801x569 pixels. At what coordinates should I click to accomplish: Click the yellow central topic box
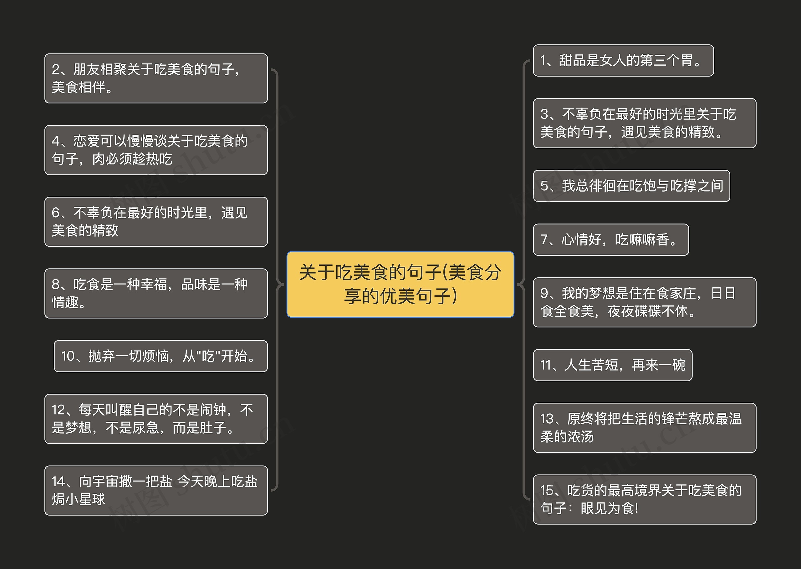(400, 284)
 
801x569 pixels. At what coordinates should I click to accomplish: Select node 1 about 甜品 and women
(623, 60)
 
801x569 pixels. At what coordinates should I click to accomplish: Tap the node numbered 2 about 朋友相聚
(156, 78)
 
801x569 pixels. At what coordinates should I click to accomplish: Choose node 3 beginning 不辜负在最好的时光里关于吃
(644, 123)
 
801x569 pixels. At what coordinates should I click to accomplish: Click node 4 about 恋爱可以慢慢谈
(156, 150)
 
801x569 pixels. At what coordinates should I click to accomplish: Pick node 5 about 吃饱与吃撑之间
(631, 186)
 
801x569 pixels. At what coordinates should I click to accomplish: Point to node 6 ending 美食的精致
(156, 221)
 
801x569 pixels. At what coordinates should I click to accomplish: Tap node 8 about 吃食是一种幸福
(156, 293)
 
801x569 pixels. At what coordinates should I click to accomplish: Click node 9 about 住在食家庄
(644, 302)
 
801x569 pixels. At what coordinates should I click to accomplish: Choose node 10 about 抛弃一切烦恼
(161, 356)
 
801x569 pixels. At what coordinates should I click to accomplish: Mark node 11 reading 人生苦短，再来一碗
(612, 365)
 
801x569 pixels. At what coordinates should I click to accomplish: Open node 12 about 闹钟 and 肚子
(156, 419)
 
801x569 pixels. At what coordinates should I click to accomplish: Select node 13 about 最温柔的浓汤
(644, 427)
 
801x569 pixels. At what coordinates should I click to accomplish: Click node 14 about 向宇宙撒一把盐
(156, 490)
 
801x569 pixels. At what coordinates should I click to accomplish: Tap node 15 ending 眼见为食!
(644, 499)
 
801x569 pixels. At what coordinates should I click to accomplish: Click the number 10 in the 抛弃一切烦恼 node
(68, 356)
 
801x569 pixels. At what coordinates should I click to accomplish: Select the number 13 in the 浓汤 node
(547, 419)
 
